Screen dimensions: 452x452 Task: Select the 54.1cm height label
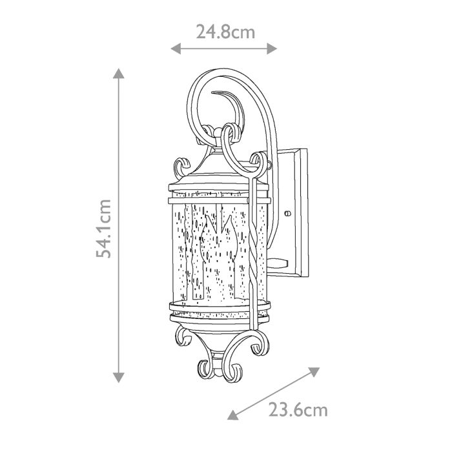[104, 227]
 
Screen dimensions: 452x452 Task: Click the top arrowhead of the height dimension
[118, 73]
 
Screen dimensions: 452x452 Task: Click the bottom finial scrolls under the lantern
[220, 368]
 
